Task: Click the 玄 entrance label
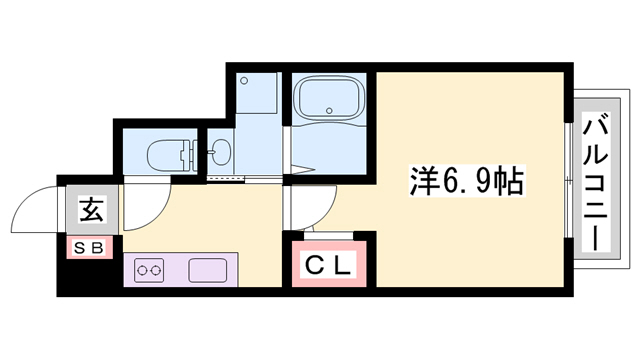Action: coord(90,211)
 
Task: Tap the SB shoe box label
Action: coord(90,246)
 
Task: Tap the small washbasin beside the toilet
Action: coord(218,154)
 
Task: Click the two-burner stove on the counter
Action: coord(150,270)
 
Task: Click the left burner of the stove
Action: coord(143,270)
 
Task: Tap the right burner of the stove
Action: coord(157,270)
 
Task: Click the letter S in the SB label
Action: coord(81,246)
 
